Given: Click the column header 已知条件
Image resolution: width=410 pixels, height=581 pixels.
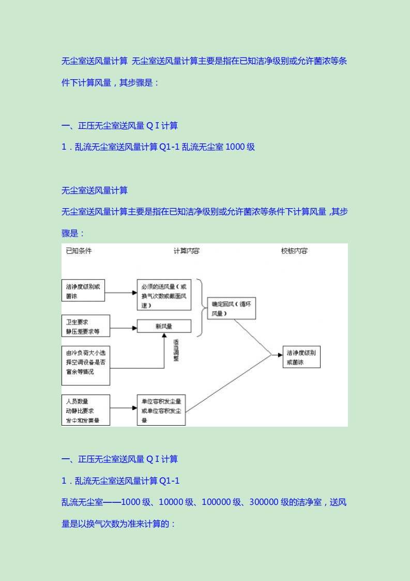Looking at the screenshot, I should (x=79, y=251).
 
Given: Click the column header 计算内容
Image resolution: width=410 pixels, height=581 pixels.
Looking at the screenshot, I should (x=186, y=251).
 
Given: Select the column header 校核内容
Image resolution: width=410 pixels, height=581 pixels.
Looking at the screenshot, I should (x=294, y=251).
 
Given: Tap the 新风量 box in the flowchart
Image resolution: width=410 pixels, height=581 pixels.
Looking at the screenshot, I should (x=164, y=327).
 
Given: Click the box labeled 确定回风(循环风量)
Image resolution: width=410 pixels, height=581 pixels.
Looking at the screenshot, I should (x=231, y=309).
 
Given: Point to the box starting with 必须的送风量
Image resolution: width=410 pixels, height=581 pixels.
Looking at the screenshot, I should (x=164, y=295).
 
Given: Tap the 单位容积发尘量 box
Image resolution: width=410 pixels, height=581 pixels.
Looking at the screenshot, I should (x=161, y=410).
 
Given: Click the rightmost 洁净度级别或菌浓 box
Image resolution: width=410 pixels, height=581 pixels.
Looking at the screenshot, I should (x=301, y=357).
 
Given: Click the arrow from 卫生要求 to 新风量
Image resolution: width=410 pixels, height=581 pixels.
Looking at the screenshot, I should (x=123, y=327).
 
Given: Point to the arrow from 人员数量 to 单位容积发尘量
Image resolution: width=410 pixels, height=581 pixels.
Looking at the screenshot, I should (x=123, y=408).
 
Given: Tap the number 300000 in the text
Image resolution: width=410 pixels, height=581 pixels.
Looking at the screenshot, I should (x=265, y=502).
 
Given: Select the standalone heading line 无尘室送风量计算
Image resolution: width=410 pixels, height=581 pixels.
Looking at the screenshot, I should (x=95, y=191).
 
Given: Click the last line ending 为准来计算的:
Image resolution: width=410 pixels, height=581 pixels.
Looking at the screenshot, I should (x=119, y=524).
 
